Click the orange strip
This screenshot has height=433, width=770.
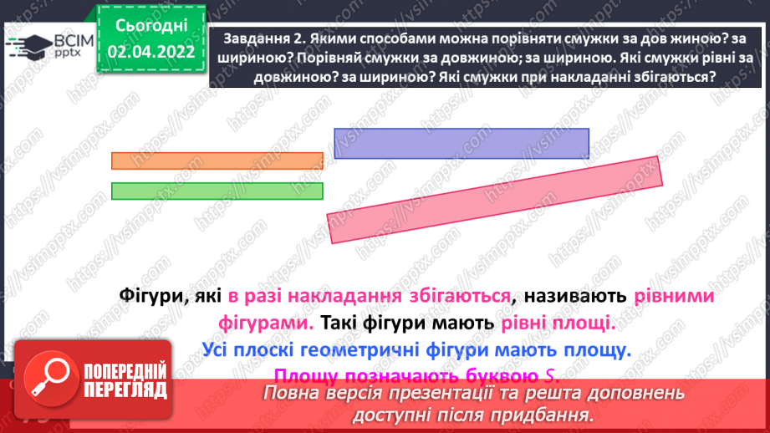[217, 160]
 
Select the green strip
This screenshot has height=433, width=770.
[217, 191]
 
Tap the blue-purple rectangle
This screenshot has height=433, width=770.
[461, 143]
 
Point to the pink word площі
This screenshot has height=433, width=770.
[581, 322]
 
